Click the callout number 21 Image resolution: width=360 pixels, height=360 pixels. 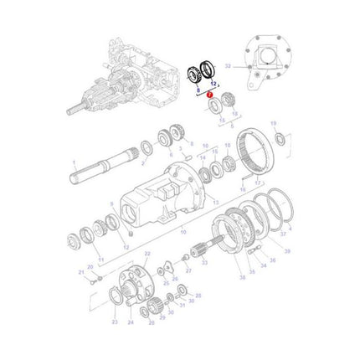pos(82,272)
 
